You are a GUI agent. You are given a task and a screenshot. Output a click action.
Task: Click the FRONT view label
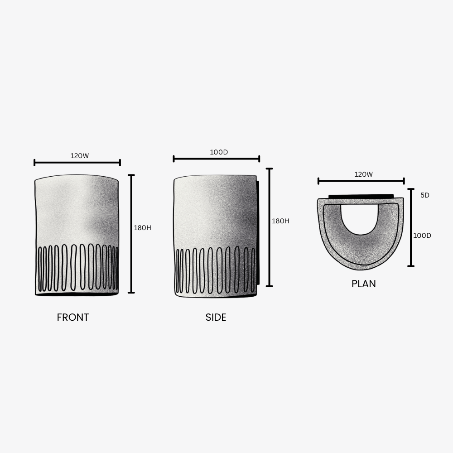[x=73, y=317]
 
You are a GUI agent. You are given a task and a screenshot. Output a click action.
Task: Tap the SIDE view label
[x=216, y=317]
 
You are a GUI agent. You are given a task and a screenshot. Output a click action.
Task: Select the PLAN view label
[x=364, y=284]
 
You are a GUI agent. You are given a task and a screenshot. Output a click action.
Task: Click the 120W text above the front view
[x=80, y=156]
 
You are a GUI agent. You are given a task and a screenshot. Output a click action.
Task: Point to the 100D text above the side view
[x=219, y=152]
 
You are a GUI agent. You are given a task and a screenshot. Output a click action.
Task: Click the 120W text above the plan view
[x=363, y=174]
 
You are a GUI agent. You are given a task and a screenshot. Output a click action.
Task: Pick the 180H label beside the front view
[x=142, y=228]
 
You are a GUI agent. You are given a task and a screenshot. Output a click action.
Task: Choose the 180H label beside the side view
[x=280, y=221]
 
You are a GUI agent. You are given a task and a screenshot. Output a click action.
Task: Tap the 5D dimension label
[x=425, y=195]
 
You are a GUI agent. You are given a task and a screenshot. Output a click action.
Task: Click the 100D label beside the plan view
[x=422, y=236]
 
